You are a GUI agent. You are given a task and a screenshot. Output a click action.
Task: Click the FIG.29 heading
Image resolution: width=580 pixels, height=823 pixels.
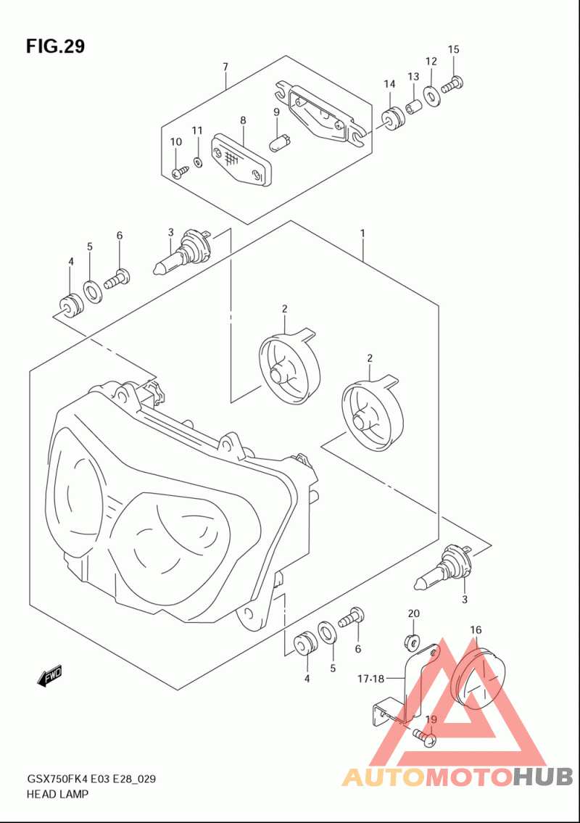pyautogui.click(x=55, y=46)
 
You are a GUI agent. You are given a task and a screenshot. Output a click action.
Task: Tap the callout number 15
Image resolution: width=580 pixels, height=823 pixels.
pyautogui.click(x=454, y=49)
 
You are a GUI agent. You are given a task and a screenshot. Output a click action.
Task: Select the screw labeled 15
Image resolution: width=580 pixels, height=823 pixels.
pyautogui.click(x=452, y=84)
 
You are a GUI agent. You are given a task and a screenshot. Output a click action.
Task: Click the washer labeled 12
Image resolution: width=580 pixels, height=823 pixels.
pyautogui.click(x=431, y=96)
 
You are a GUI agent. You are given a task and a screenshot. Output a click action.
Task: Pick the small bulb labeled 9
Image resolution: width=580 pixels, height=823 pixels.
pyautogui.click(x=279, y=141)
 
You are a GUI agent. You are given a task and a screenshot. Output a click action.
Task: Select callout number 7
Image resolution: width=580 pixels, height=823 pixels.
pyautogui.click(x=225, y=67)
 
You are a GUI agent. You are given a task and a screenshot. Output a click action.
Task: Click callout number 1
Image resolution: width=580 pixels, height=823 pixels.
pyautogui.click(x=362, y=233)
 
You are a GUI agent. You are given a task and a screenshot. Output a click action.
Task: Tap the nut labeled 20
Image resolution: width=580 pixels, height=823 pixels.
pyautogui.click(x=412, y=641)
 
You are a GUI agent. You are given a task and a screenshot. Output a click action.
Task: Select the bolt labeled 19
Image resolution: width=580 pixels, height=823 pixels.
pyautogui.click(x=425, y=737)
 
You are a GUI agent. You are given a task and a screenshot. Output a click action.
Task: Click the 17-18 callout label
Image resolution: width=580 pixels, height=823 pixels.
pyautogui.click(x=371, y=679)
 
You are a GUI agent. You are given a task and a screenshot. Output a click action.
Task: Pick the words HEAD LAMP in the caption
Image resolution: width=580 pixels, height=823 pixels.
pyautogui.click(x=57, y=794)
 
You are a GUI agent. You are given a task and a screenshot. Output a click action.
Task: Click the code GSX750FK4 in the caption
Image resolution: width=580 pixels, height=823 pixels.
pyautogui.click(x=57, y=779)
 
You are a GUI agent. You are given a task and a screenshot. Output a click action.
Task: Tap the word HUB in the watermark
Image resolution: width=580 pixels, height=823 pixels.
pyautogui.click(x=542, y=777)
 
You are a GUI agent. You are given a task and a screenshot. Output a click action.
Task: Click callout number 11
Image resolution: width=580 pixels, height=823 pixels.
pyautogui.click(x=196, y=131)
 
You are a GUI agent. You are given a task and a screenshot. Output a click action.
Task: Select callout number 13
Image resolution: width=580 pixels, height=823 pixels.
pyautogui.click(x=413, y=77)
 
